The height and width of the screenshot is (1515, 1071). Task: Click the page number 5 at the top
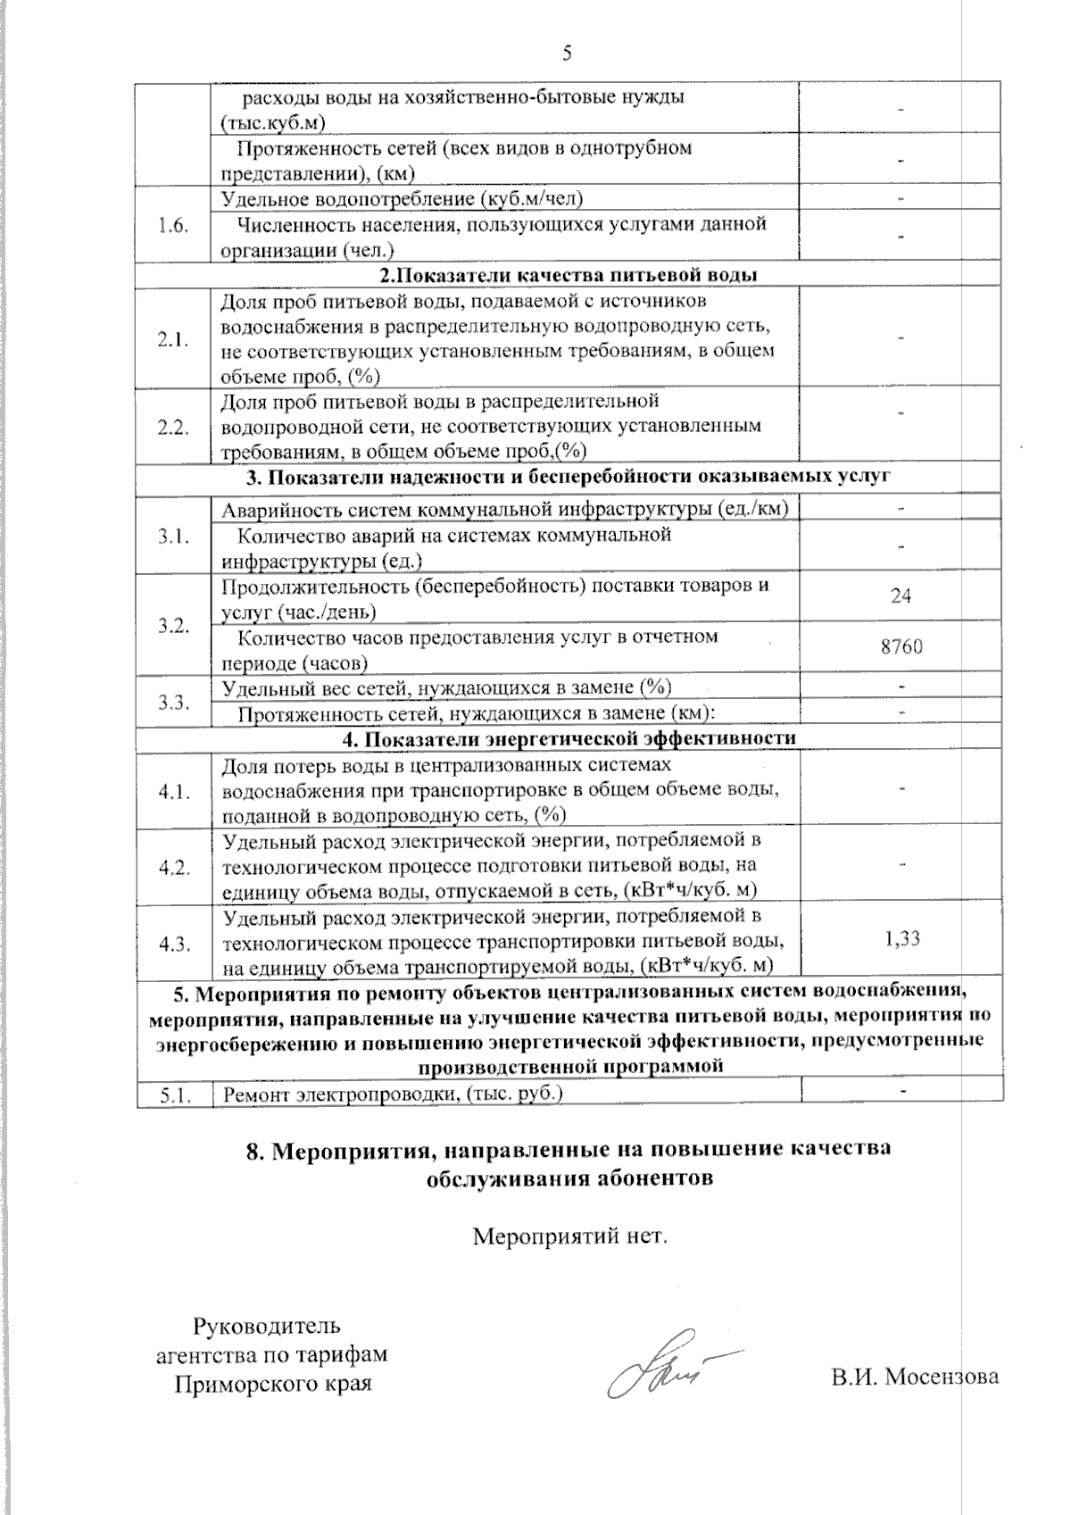[566, 54]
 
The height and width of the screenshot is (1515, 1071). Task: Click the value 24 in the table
[901, 595]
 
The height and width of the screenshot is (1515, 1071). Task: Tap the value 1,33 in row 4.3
[902, 938]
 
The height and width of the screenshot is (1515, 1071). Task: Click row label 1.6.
[173, 226]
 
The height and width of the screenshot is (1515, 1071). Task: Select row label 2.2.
[173, 427]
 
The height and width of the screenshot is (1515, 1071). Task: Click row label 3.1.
[173, 537]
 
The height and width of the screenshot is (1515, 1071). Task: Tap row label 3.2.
[173, 625]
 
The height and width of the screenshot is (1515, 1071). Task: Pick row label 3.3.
[173, 702]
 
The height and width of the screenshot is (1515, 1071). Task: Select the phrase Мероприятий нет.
[569, 1237]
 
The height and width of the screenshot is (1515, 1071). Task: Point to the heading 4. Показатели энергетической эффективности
[569, 739]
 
